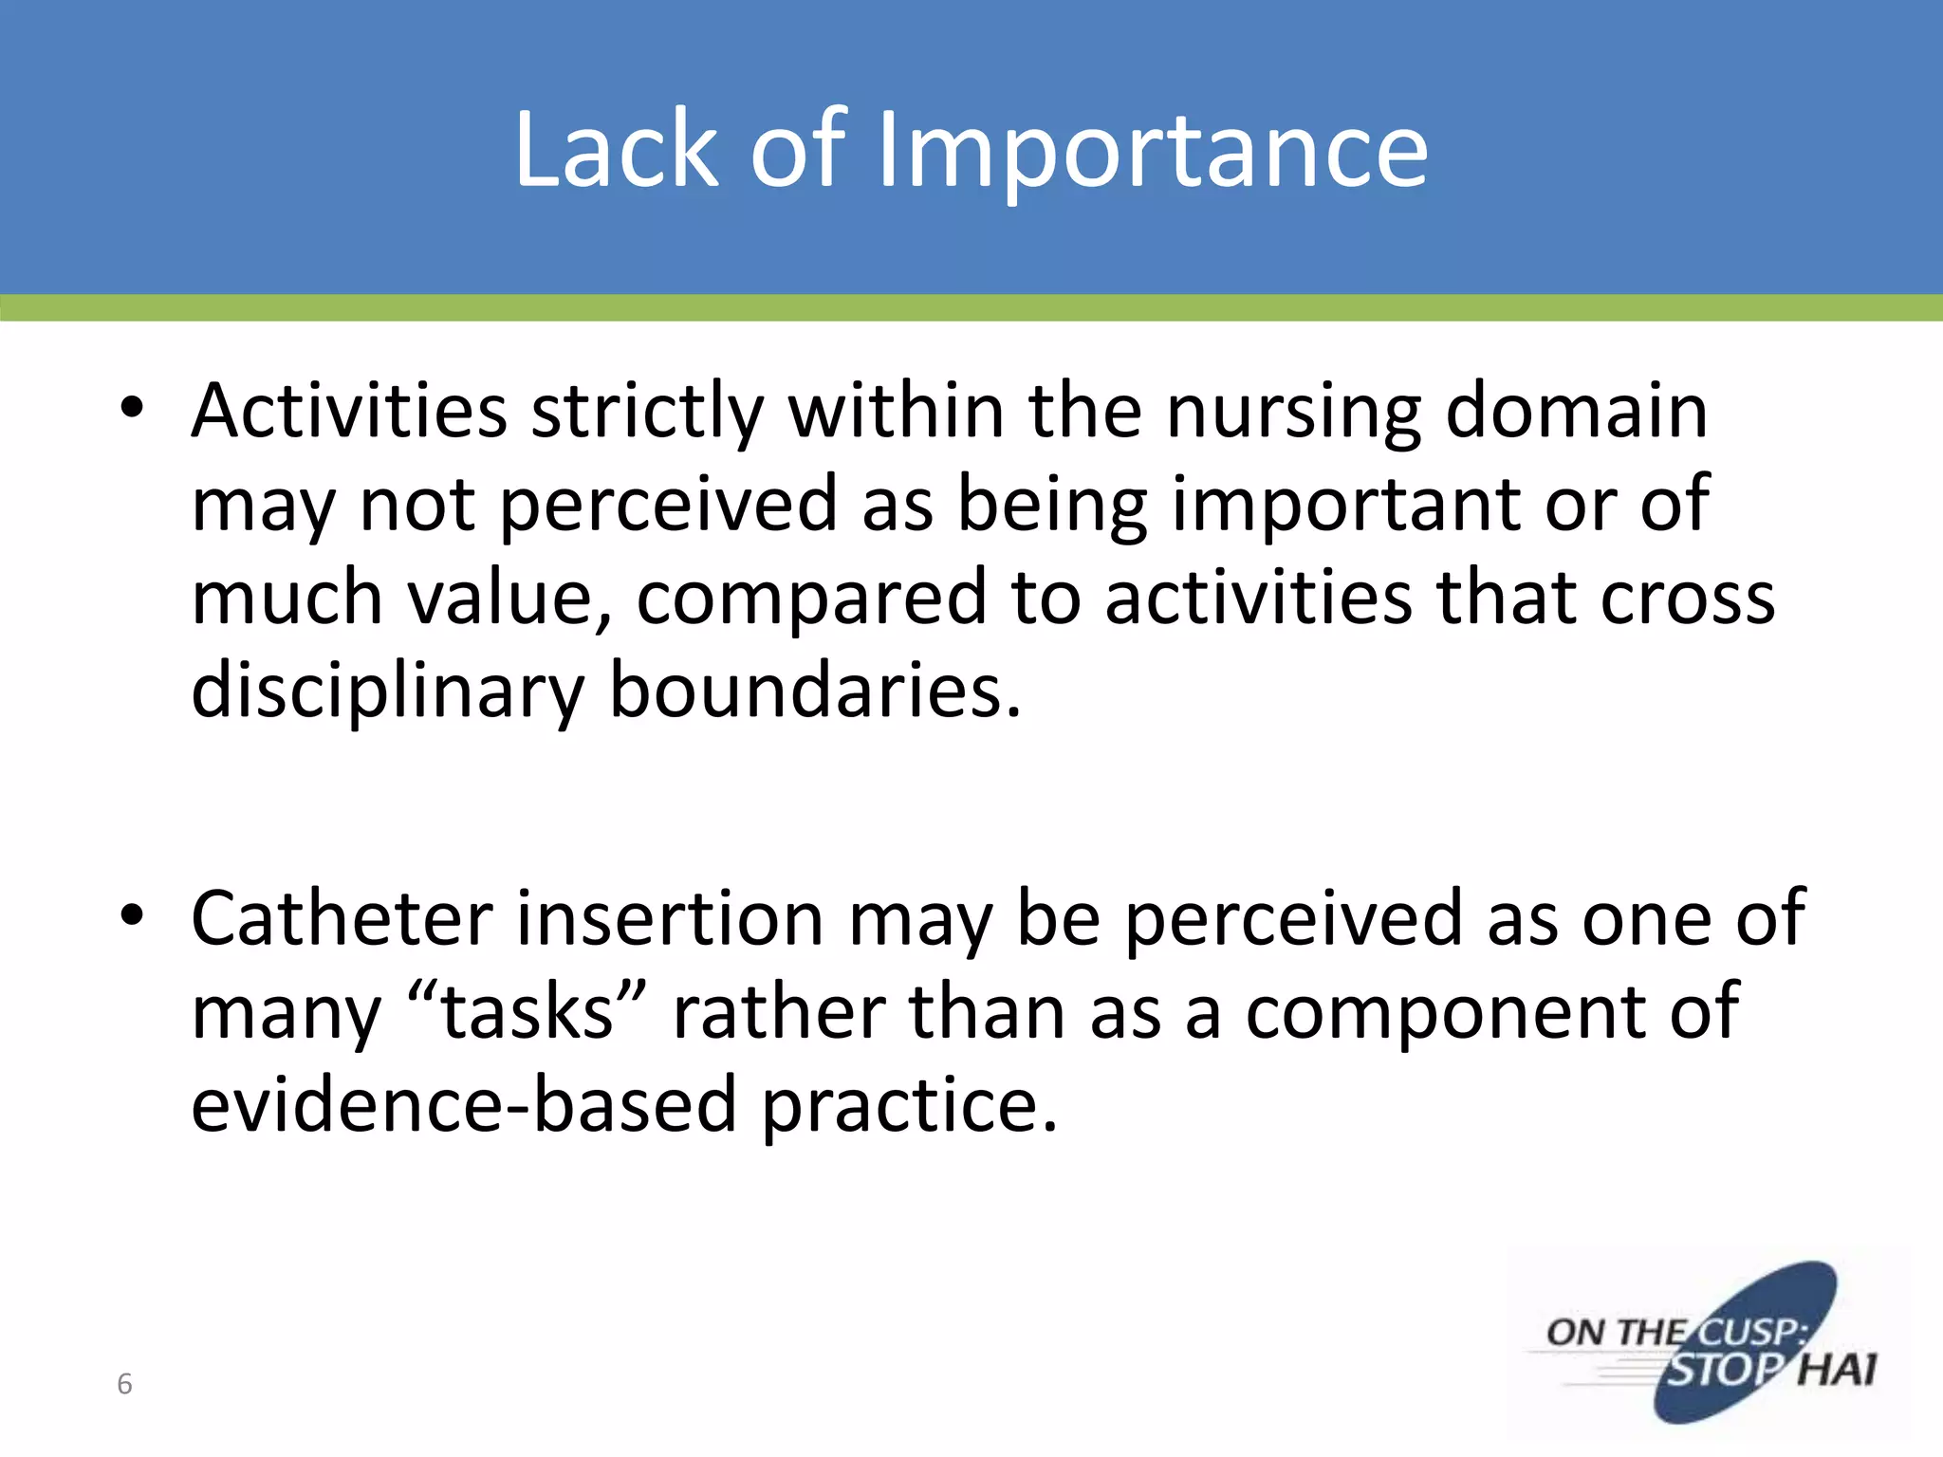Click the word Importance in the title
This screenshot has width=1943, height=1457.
pos(1151,150)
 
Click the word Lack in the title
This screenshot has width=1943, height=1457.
pos(617,150)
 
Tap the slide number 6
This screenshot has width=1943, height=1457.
pos(124,1384)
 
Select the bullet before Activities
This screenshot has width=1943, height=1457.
pos(132,410)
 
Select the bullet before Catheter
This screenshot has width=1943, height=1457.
pos(132,916)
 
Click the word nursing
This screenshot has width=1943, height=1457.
pos(1293,414)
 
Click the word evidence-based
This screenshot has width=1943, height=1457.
pos(464,1104)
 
